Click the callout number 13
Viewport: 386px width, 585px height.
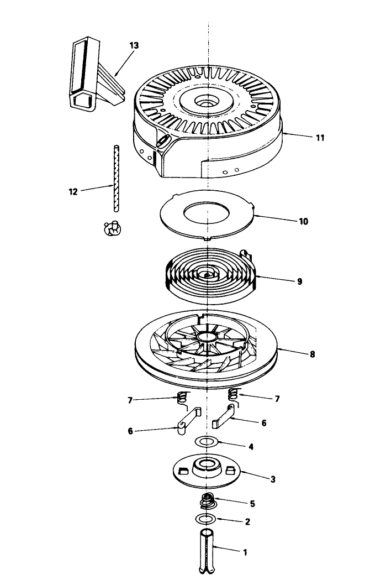(134, 45)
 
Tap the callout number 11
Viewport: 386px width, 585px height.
(320, 138)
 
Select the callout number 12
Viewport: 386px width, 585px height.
(73, 192)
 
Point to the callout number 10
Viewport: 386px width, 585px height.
(303, 222)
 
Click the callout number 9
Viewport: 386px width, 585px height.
(299, 281)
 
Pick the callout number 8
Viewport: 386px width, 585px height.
(312, 354)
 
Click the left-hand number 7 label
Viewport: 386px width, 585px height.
(130, 401)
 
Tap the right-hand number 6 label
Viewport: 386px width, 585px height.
(264, 423)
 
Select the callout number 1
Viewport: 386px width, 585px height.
(245, 552)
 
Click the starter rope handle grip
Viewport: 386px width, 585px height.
(97, 74)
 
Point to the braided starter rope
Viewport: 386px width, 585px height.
(117, 179)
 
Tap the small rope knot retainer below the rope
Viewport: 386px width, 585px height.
(113, 228)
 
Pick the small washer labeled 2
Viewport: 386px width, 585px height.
(205, 519)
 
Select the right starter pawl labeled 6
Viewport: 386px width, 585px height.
(224, 416)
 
